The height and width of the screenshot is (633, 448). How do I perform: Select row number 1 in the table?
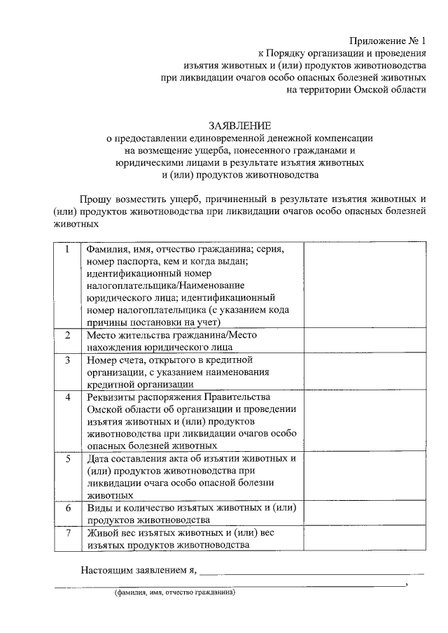point(68,250)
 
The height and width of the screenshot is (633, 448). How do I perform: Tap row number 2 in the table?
point(68,335)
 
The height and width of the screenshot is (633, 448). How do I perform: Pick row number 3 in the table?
point(68,360)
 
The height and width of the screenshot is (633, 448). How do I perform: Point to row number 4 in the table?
point(68,397)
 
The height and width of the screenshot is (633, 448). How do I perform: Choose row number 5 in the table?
point(68,459)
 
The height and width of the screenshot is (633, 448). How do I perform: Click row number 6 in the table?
point(68,508)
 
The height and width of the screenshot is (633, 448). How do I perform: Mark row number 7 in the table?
point(68,532)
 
